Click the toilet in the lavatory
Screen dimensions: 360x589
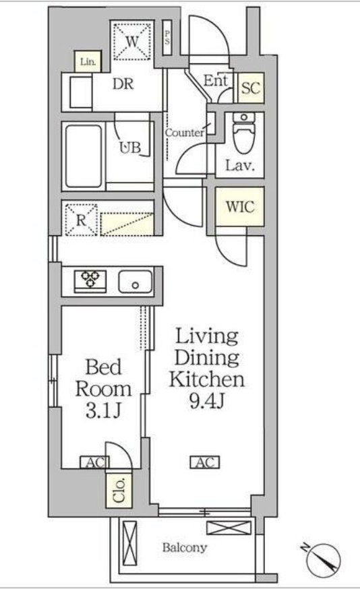(243, 133)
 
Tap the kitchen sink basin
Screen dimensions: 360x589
(136, 281)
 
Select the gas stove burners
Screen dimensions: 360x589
(90, 280)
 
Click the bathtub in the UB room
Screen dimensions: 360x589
(84, 156)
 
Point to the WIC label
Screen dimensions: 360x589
(240, 207)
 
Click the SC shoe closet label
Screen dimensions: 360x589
(251, 88)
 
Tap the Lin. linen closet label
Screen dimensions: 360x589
(88, 61)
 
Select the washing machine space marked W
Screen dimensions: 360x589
(132, 40)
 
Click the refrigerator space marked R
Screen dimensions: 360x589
(81, 220)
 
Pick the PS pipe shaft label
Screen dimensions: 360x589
(167, 38)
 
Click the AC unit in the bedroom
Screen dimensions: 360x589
(94, 462)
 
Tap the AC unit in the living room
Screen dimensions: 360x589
(204, 462)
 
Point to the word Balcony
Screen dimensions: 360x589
(185, 548)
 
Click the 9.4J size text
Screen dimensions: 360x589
(207, 402)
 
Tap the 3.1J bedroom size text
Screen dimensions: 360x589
(103, 411)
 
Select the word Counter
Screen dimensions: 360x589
(185, 133)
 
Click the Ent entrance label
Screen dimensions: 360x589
(216, 81)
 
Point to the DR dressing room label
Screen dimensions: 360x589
(123, 84)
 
